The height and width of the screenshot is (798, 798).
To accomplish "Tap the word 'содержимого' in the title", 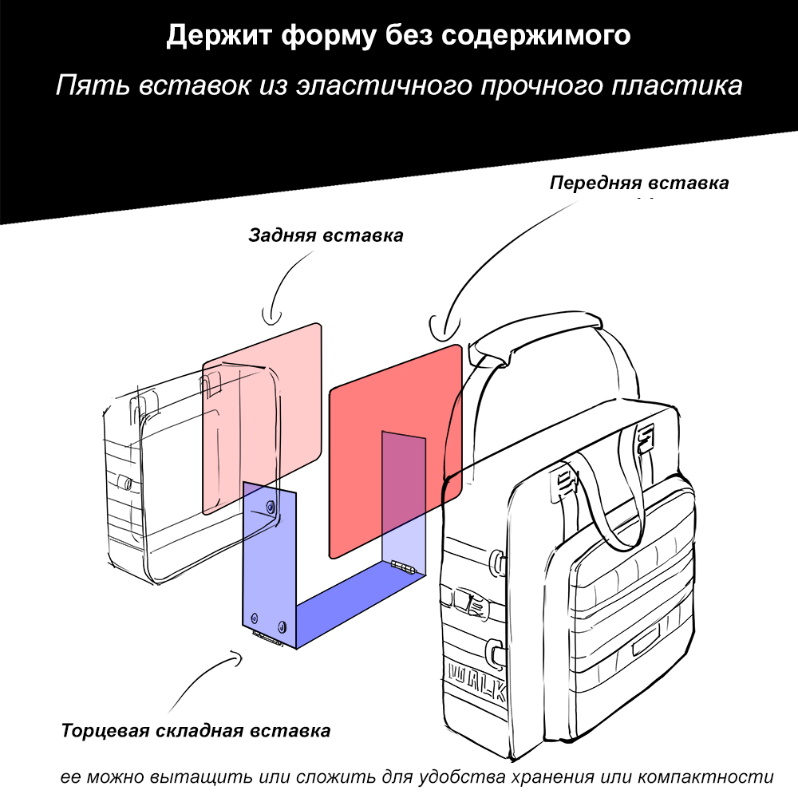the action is [x=536, y=36].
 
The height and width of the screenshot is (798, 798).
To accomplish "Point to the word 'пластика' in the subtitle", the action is [x=677, y=85].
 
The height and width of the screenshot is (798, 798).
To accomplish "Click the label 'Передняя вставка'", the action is [x=639, y=183].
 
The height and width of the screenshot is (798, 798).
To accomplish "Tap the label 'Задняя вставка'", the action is [x=326, y=235].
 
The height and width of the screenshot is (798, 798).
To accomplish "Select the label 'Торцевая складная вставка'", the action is [x=196, y=731].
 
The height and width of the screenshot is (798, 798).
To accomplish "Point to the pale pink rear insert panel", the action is [x=262, y=418].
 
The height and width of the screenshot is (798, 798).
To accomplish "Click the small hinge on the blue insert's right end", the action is [x=404, y=567].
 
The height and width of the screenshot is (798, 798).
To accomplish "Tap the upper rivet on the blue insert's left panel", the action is [x=271, y=507].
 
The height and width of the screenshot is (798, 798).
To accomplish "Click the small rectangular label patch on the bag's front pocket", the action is [x=646, y=640].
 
